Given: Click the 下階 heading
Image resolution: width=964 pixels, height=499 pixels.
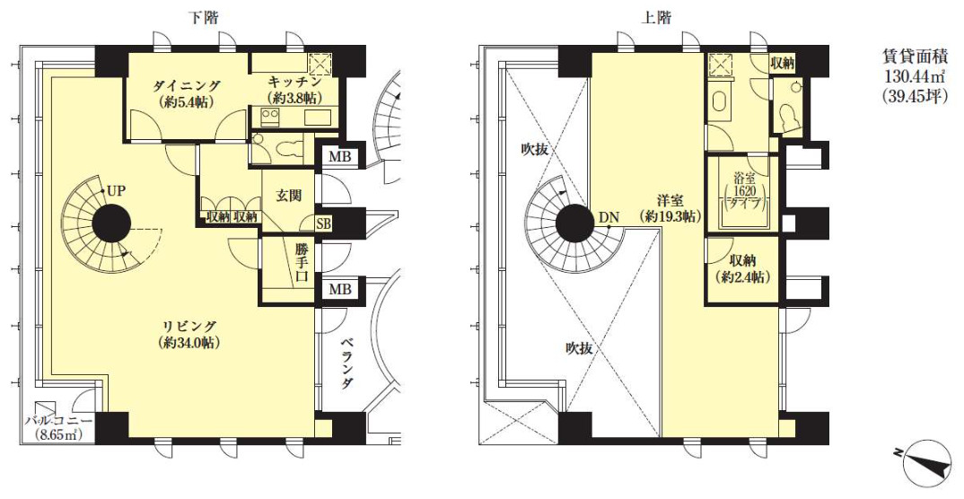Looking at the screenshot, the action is pyautogui.click(x=203, y=17).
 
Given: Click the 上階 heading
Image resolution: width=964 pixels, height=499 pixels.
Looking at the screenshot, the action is pyautogui.click(x=656, y=17).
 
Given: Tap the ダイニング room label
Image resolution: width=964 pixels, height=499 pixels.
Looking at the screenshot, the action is pyautogui.click(x=187, y=93).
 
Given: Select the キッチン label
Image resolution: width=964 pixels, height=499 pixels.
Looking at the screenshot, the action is pyautogui.click(x=295, y=90).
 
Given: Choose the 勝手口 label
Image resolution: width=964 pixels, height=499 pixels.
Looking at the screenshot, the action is pyautogui.click(x=302, y=263).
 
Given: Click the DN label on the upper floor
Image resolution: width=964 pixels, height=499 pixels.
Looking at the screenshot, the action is pyautogui.click(x=609, y=216).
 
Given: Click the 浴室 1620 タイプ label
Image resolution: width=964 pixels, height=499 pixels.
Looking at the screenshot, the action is pyautogui.click(x=745, y=192).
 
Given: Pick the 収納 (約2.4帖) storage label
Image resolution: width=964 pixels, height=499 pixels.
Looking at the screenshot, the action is pyautogui.click(x=743, y=269).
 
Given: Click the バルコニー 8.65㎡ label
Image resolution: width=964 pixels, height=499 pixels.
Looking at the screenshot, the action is pyautogui.click(x=59, y=428).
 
